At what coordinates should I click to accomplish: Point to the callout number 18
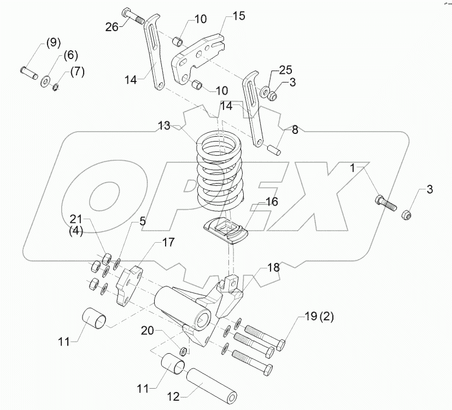(x=274, y=268)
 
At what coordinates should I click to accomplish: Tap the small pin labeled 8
(x=276, y=148)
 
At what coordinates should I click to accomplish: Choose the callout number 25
(x=286, y=71)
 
